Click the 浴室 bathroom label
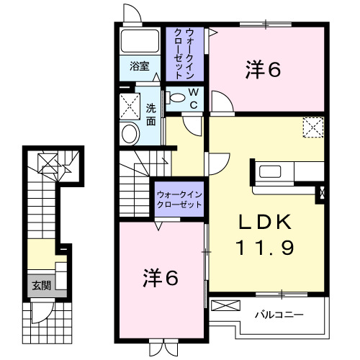coord(140,66)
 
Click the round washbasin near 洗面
coord(130,133)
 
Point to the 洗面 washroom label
coord(150,115)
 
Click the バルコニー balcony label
coord(279,315)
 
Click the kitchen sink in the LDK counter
coord(273,171)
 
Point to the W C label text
coord(194,98)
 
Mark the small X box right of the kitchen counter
coord(320,193)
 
